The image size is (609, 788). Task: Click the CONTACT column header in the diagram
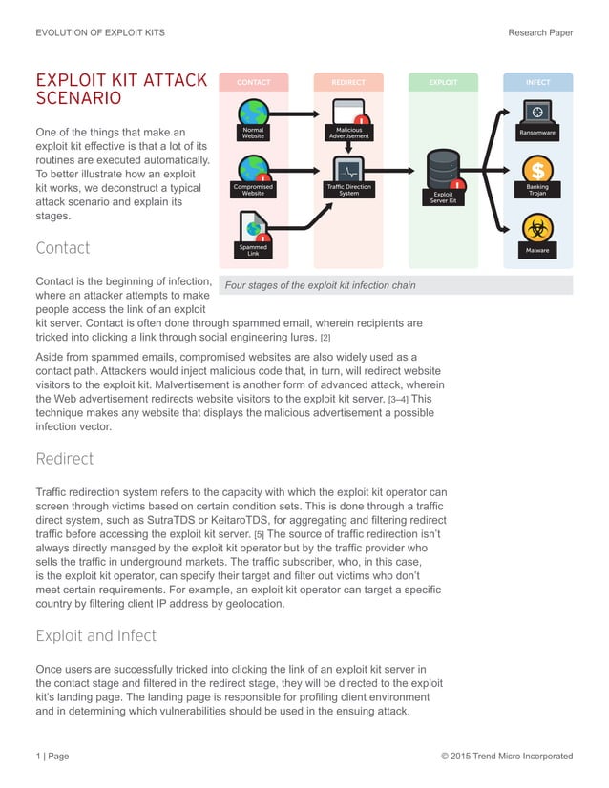253,83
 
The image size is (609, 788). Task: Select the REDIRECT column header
347,83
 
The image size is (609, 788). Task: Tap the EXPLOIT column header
443,83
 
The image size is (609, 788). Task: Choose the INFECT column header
537,83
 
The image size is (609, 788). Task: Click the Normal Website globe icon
253,112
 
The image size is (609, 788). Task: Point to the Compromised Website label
253,190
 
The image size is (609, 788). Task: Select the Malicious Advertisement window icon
348,113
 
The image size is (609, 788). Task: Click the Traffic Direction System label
348,190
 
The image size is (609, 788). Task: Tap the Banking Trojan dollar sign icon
537,169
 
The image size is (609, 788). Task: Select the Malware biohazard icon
537,228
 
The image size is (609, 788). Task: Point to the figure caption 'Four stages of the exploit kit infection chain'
320,285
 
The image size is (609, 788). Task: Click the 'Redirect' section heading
64,459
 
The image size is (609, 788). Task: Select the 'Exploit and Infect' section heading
95,635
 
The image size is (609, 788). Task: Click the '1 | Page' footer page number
52,757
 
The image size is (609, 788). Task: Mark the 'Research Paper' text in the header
540,32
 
